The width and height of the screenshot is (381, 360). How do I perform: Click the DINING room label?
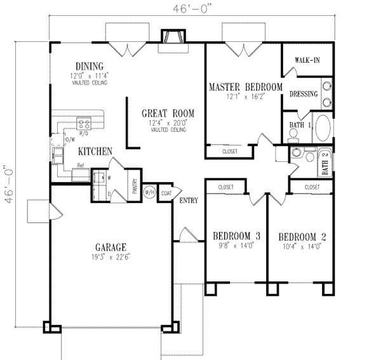click(x=89, y=66)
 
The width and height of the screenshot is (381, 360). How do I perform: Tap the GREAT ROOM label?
click(x=168, y=114)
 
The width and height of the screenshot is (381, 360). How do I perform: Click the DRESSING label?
click(x=303, y=94)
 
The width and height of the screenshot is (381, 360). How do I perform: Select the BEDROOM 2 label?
click(x=301, y=232)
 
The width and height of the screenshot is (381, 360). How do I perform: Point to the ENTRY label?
click(x=189, y=201)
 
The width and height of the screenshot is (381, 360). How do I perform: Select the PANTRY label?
click(x=135, y=186)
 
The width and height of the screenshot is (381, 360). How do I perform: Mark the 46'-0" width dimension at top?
click(x=190, y=9)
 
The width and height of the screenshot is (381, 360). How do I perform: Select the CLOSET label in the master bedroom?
click(x=231, y=152)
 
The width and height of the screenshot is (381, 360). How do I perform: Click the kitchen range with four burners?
click(x=83, y=124)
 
